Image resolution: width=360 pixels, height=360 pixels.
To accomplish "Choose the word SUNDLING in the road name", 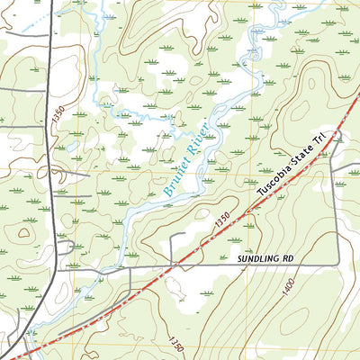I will pyautogui.click(x=259, y=259).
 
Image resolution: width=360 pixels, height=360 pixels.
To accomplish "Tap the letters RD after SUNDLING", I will pyautogui.click(x=289, y=259).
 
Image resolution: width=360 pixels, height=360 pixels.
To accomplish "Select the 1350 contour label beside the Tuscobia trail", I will pyautogui.click(x=223, y=218).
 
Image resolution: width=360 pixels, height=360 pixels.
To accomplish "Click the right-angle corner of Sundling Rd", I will pyautogui.click(x=337, y=263).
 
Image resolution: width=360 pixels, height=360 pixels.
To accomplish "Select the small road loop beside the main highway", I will pyautogui.click(x=65, y=248).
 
